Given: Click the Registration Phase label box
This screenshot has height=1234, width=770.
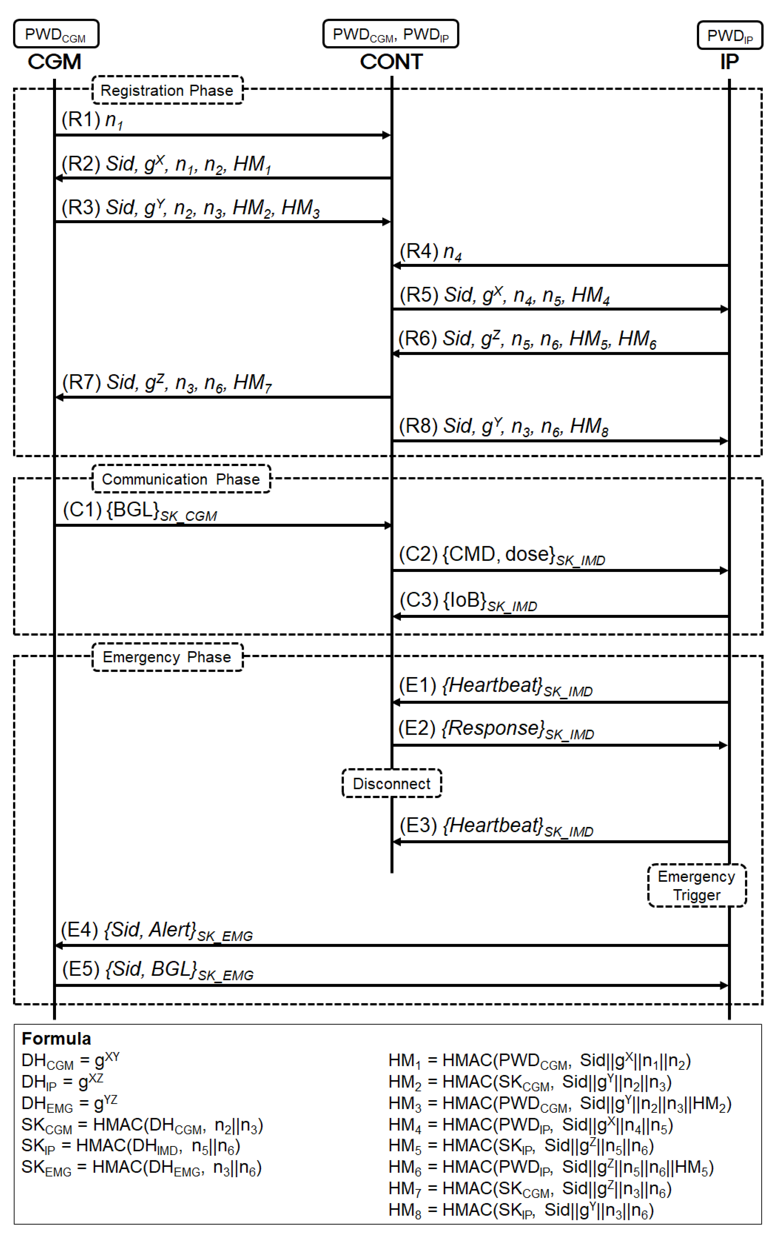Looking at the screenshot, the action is click(x=167, y=90).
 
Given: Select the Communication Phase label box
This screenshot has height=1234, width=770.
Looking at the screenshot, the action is click(x=181, y=479).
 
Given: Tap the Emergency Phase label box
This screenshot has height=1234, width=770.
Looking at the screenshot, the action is click(x=167, y=657).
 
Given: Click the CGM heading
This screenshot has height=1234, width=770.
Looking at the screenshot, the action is click(x=54, y=62).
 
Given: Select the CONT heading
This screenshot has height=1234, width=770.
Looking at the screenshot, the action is click(x=391, y=62).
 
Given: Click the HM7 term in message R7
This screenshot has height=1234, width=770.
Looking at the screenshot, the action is click(x=252, y=383).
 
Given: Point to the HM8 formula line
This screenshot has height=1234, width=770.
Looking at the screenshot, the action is click(x=521, y=1210).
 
